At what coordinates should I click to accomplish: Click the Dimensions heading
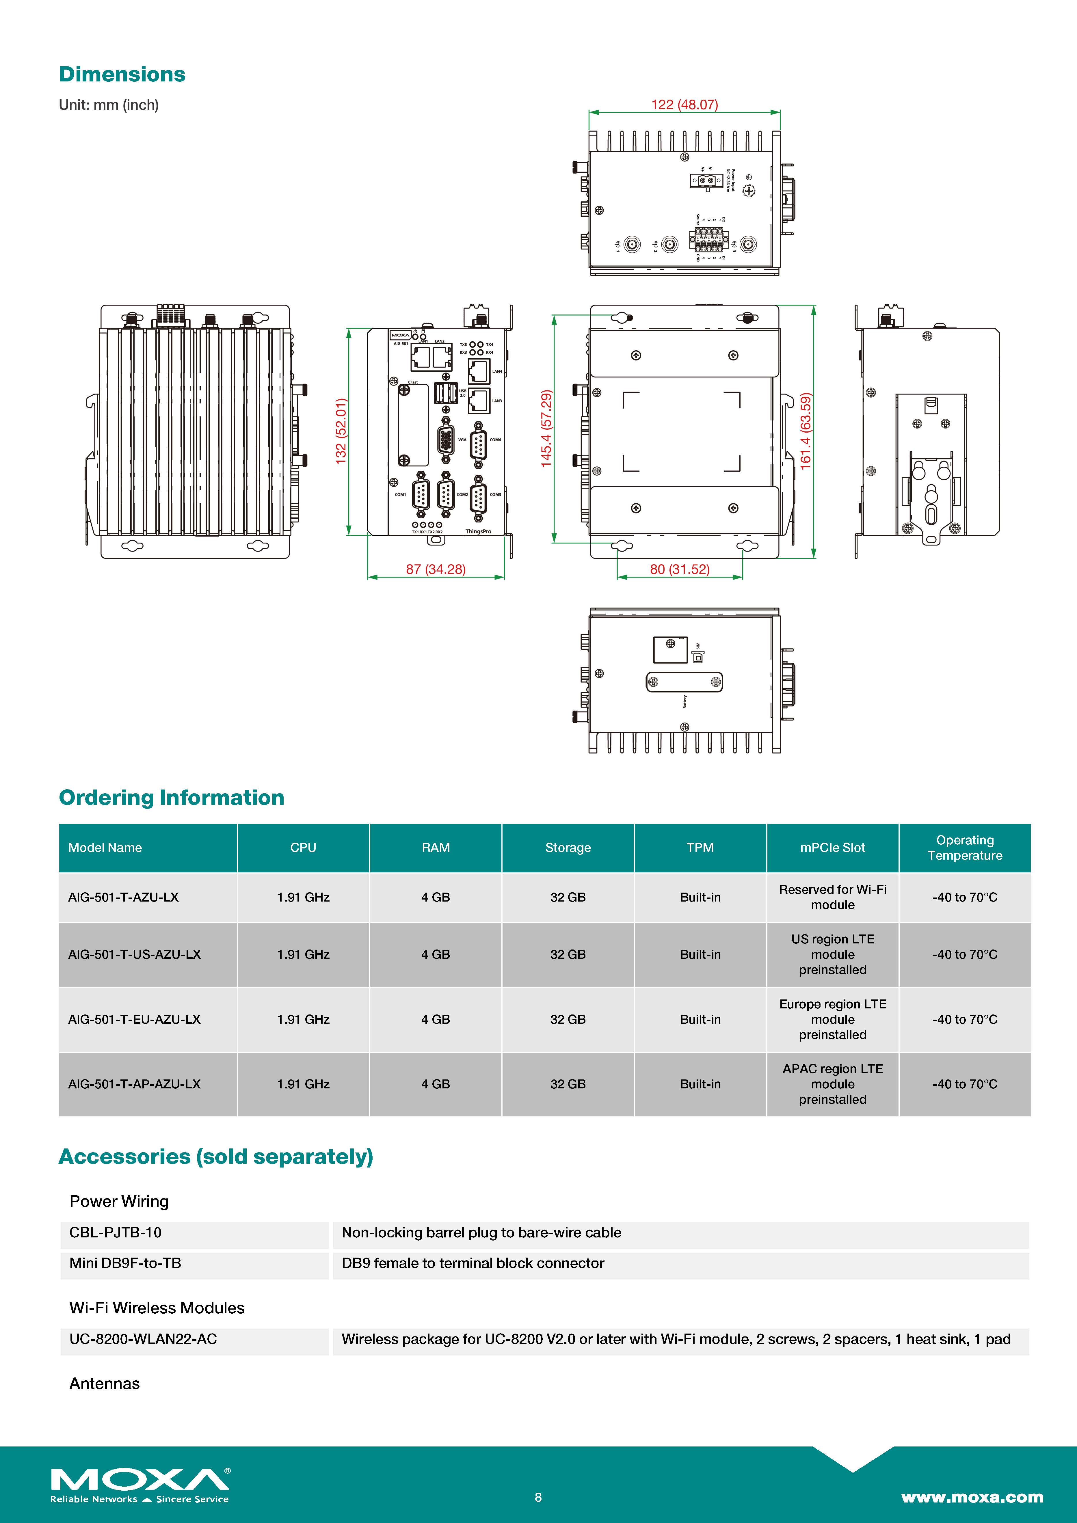(x=122, y=74)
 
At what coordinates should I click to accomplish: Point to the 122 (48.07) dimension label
(x=684, y=105)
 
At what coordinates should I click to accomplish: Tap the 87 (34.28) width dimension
(x=435, y=569)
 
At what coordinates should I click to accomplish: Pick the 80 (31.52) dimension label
(x=680, y=569)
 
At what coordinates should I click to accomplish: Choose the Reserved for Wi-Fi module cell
(x=832, y=897)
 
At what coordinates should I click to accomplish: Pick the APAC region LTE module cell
(x=832, y=1084)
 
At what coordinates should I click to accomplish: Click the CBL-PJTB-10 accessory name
(x=116, y=1232)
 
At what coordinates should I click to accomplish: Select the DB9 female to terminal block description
(x=473, y=1263)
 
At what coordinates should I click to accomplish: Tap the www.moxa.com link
(x=972, y=1497)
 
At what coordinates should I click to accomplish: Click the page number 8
(x=538, y=1497)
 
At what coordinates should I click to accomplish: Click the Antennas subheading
(x=104, y=1384)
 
